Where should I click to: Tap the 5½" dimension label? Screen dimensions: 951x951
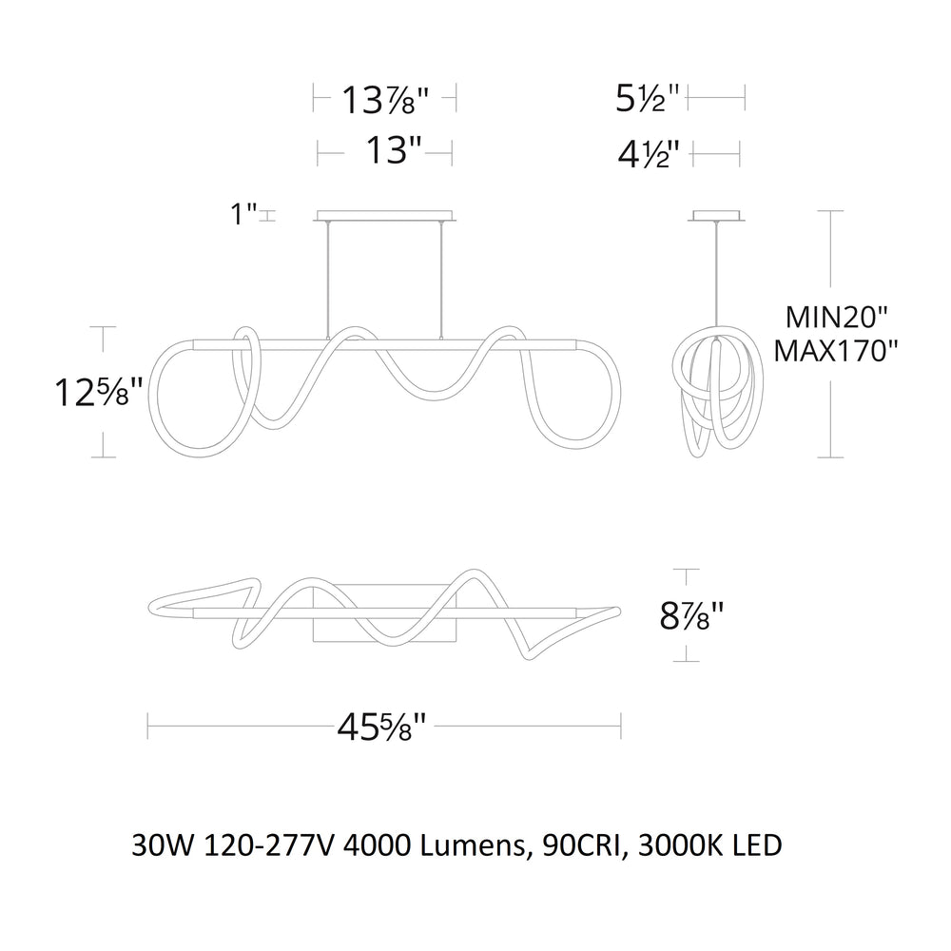click(647, 98)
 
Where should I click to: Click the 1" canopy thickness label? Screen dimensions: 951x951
click(245, 215)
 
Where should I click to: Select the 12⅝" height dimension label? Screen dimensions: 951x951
click(101, 391)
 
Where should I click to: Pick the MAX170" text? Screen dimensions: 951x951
click(835, 351)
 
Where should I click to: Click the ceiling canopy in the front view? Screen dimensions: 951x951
click(385, 214)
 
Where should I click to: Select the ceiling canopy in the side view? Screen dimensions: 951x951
click(716, 214)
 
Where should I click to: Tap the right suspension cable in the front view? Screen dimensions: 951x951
click(440, 276)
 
